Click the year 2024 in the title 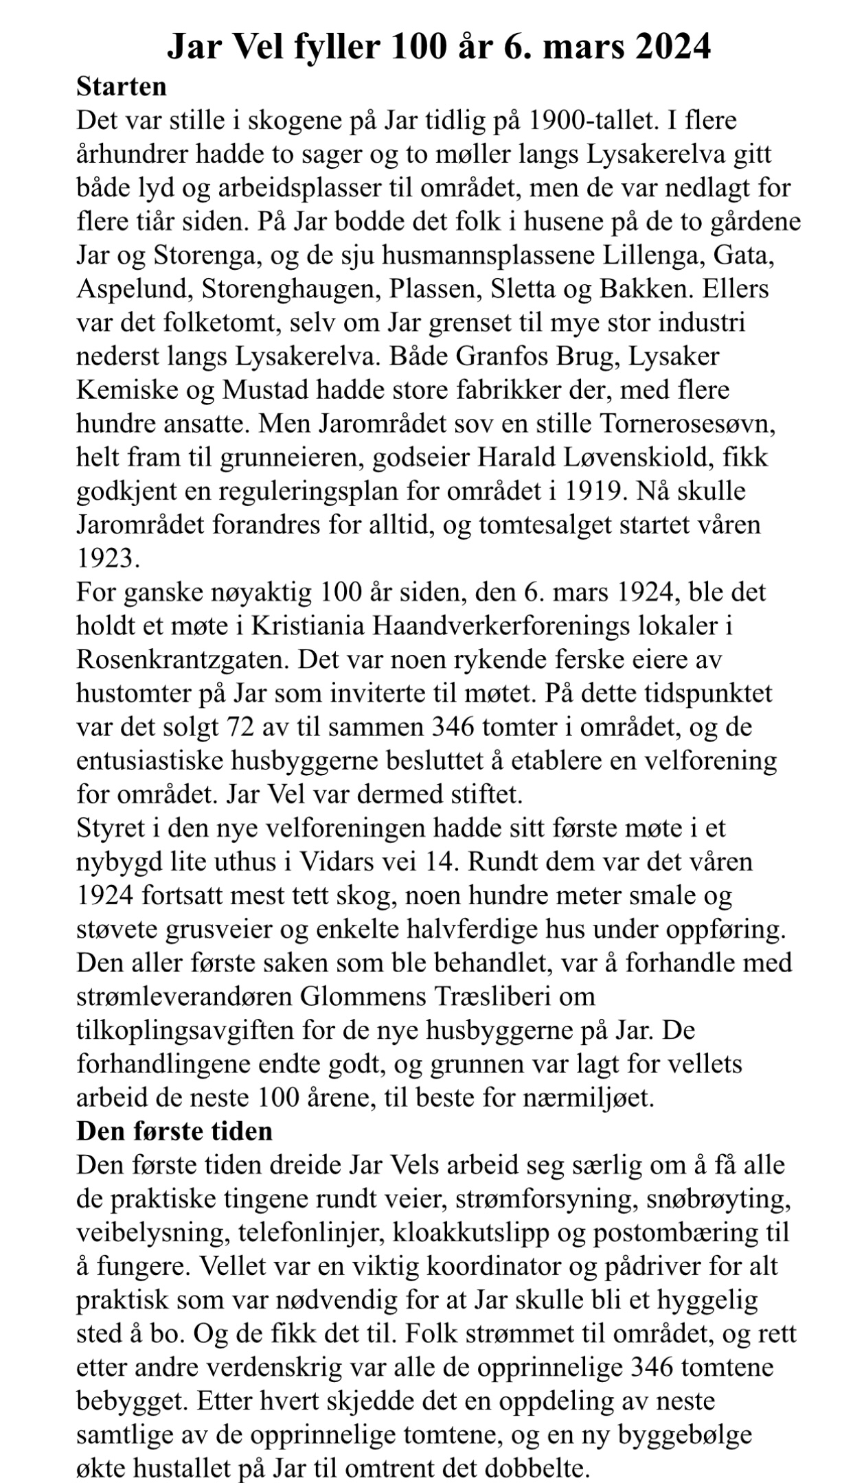tap(670, 48)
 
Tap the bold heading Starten tap(121, 87)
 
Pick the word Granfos tap(505, 356)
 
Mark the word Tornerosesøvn tap(687, 424)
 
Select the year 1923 tap(108, 558)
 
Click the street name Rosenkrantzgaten tap(181, 659)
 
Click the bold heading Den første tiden tap(174, 1131)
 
